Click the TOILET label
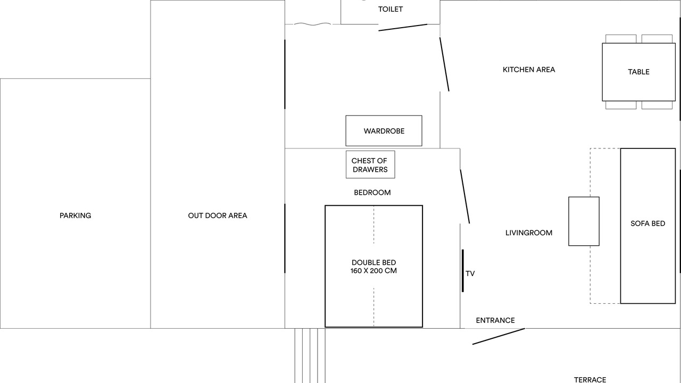pos(391,9)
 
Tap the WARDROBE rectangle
pos(384,131)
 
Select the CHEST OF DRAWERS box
pos(370,165)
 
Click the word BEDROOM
pos(372,193)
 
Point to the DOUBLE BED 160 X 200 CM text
pos(373,267)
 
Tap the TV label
pos(470,273)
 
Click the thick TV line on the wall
pos(463,270)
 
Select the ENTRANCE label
pos(495,320)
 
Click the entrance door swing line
pos(499,336)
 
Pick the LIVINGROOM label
pos(529,232)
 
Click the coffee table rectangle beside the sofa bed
pos(584,221)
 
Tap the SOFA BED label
pos(647,223)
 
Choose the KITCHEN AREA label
pos(529,69)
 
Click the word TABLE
pos(638,72)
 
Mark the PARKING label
pos(75,215)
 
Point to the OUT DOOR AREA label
pos(218,215)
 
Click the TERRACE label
pos(590,379)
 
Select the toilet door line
pos(403,27)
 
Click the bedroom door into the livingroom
pos(465,196)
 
